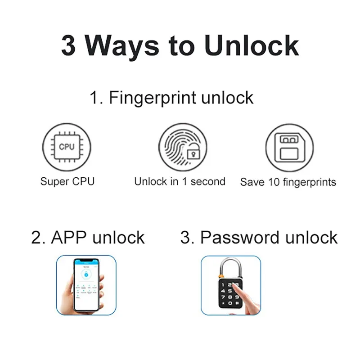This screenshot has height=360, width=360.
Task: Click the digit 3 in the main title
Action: pyautogui.click(x=68, y=45)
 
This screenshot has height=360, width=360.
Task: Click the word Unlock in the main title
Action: pyautogui.click(x=252, y=45)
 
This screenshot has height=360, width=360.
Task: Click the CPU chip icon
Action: pyautogui.click(x=67, y=147)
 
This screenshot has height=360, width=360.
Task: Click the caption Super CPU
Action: pyautogui.click(x=67, y=182)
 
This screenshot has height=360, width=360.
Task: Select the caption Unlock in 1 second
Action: pyautogui.click(x=180, y=182)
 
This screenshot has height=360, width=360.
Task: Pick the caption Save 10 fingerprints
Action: pyautogui.click(x=288, y=182)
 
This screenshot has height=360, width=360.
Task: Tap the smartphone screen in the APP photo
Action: pyautogui.click(x=86, y=283)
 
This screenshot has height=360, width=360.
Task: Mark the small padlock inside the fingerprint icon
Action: pyautogui.click(x=193, y=153)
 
